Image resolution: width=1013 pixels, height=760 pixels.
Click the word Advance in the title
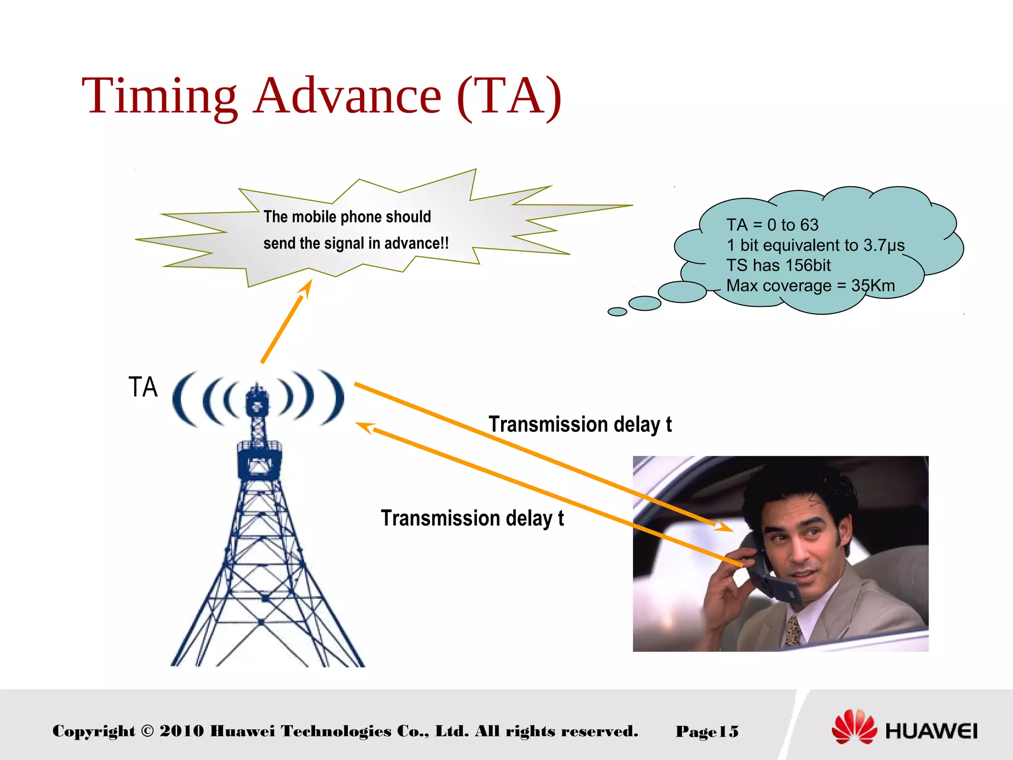pyautogui.click(x=347, y=96)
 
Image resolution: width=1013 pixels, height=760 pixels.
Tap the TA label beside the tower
pyautogui.click(x=143, y=387)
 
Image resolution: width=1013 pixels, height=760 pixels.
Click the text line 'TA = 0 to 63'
pyautogui.click(x=772, y=225)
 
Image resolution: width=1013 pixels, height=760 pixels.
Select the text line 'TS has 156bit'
pyautogui.click(x=778, y=266)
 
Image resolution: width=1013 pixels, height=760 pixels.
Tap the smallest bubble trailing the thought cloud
pyautogui.click(x=617, y=311)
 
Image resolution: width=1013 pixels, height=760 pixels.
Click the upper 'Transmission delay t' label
pyautogui.click(x=580, y=425)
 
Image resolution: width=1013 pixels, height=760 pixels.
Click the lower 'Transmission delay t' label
pyautogui.click(x=472, y=519)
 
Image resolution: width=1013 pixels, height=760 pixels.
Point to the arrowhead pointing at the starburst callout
pyautogui.click(x=306, y=288)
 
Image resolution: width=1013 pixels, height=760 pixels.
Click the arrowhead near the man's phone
pyautogui.click(x=723, y=526)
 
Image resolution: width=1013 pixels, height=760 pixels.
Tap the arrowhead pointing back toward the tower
pyautogui.click(x=365, y=427)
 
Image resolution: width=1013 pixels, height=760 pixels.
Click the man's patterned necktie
pyautogui.click(x=793, y=631)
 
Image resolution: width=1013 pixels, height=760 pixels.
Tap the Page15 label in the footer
pyautogui.click(x=707, y=731)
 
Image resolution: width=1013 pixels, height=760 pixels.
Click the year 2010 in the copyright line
pyautogui.click(x=182, y=731)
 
